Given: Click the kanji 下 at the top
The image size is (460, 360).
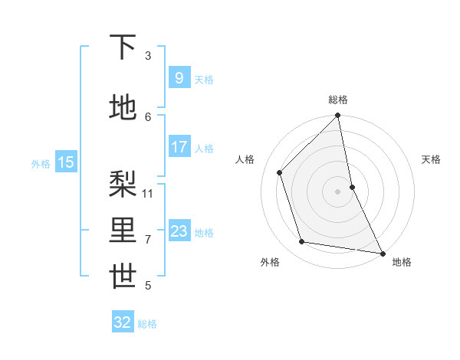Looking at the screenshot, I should click(123, 47).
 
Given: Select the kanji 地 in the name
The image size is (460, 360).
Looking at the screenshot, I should click(123, 107).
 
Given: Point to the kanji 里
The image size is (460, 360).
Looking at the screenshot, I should click(123, 229).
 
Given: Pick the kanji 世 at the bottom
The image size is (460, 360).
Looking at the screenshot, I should click(123, 277).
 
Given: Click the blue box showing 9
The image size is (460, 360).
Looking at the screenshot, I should click(179, 78).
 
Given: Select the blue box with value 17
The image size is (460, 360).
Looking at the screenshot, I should click(179, 147).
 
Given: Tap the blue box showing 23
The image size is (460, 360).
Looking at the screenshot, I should click(179, 231).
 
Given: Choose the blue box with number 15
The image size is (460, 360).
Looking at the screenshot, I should click(66, 162).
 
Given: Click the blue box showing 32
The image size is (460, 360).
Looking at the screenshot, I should click(123, 322).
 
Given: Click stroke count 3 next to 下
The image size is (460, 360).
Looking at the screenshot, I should click(148, 56).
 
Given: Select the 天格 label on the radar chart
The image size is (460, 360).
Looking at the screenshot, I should click(431, 159).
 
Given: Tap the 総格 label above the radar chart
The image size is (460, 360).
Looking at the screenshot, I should click(338, 100).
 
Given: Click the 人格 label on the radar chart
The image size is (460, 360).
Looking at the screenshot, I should click(245, 159).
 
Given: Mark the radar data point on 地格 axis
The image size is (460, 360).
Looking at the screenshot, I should click(382, 253).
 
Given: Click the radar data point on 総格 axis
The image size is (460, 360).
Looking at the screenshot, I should click(338, 116).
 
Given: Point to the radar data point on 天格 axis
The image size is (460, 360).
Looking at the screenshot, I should click(353, 187).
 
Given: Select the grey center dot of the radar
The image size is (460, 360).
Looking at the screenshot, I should click(338, 191).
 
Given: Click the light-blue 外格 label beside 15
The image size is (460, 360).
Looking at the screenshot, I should click(41, 163).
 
